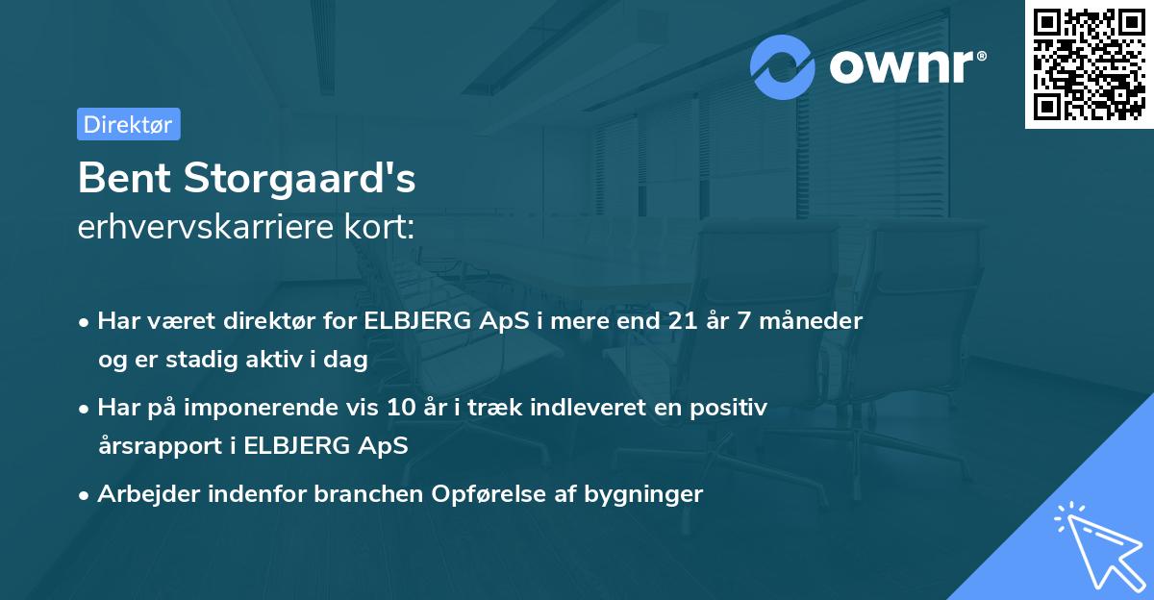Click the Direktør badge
pos(128,124)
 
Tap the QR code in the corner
pos(1089,64)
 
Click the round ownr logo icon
pos(783,66)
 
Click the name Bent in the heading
pos(121,178)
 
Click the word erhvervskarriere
pos(201,228)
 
